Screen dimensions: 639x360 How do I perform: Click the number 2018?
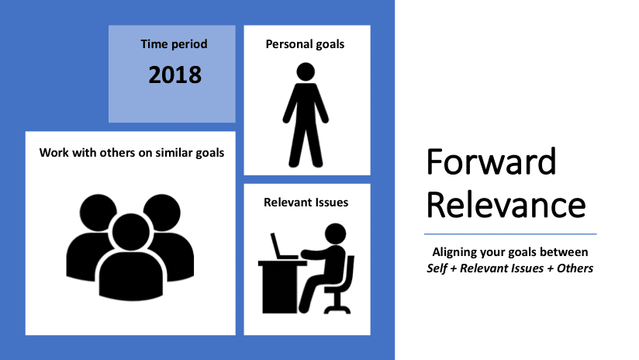(x=174, y=75)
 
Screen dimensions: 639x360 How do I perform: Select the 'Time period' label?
(x=174, y=44)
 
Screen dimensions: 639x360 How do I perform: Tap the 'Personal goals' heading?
(x=305, y=44)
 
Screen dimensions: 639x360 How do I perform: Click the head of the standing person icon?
(x=306, y=71)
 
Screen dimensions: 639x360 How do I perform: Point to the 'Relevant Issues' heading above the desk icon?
(x=306, y=202)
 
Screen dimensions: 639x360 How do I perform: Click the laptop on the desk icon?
(x=283, y=246)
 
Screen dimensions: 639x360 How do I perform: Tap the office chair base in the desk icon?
(x=337, y=306)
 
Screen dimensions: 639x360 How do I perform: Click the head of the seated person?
(x=335, y=234)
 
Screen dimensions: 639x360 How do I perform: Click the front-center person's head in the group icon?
(x=130, y=233)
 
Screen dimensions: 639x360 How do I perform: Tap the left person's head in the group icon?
(x=98, y=213)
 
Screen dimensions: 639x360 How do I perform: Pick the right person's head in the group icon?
(x=162, y=213)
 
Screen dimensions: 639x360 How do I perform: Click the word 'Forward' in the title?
(x=491, y=161)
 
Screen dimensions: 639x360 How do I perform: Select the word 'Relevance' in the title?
(x=506, y=205)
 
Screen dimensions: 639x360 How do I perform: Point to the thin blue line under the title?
(x=510, y=234)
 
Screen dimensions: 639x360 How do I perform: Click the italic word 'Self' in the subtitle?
(x=437, y=268)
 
